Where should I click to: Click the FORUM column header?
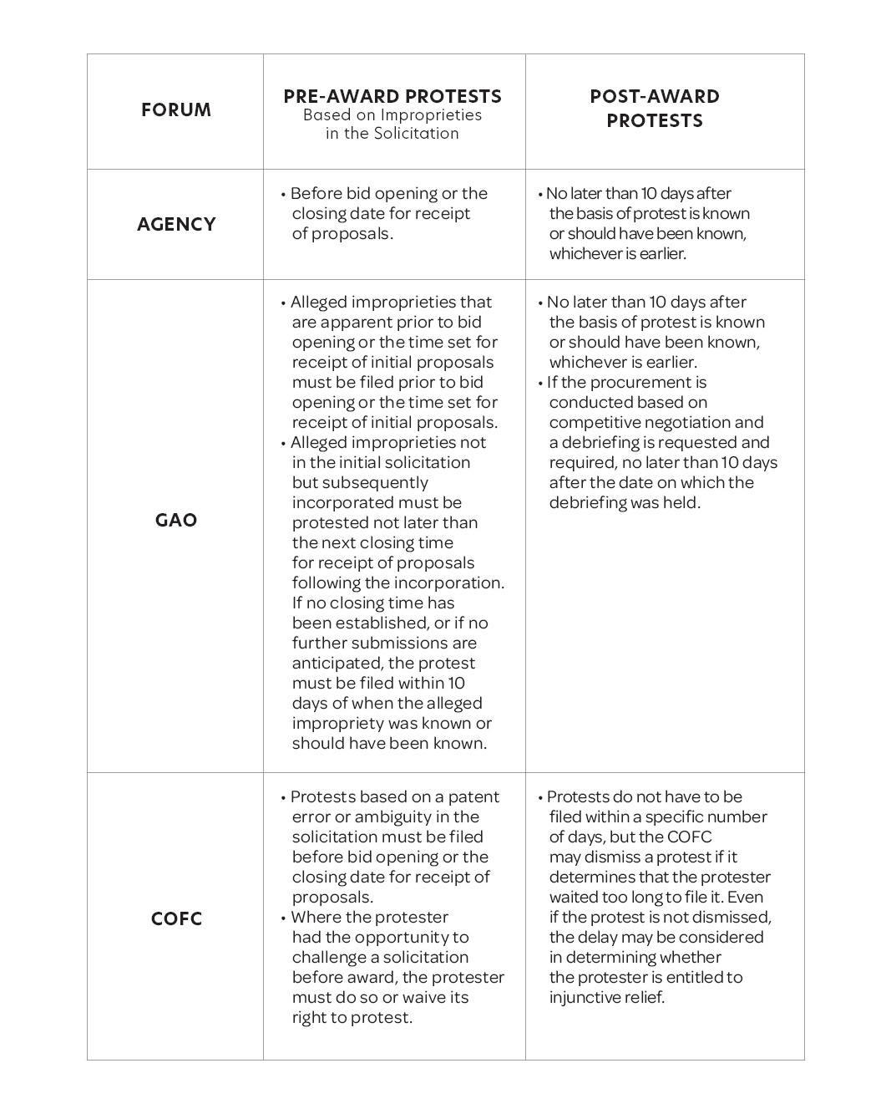click(x=176, y=110)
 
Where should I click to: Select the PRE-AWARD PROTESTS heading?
click(x=392, y=96)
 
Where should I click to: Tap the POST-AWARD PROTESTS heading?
click(x=655, y=108)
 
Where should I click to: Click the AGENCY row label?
click(x=176, y=224)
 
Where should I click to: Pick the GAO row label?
click(x=176, y=520)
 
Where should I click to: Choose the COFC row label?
click(x=176, y=918)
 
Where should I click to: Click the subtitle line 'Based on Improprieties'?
click(x=392, y=115)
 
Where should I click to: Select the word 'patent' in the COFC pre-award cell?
click(x=473, y=796)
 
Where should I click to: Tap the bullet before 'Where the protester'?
click(x=284, y=918)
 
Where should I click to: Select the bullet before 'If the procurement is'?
click(x=540, y=383)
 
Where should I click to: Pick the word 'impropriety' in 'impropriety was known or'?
click(x=338, y=723)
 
